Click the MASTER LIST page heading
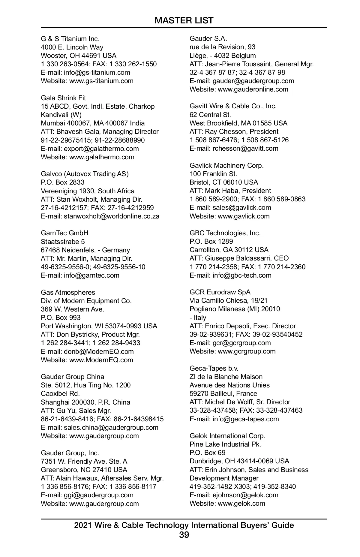(184, 20)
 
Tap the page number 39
(184, 535)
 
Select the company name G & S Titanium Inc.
(70, 39)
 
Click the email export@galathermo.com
(101, 149)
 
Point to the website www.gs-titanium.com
(101, 81)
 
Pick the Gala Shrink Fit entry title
(63, 98)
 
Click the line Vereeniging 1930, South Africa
(88, 191)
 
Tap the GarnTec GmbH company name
(64, 233)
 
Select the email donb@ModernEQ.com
(99, 351)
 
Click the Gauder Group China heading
(73, 377)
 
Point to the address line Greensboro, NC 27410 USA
(84, 470)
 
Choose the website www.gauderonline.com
(253, 89)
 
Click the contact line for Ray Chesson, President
(234, 131)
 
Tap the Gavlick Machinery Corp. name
(226, 165)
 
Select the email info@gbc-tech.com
(242, 275)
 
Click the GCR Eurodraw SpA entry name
(220, 292)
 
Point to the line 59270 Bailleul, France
(223, 393)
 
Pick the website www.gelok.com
(241, 503)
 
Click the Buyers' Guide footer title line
(184, 525)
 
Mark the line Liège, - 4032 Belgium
(223, 56)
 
